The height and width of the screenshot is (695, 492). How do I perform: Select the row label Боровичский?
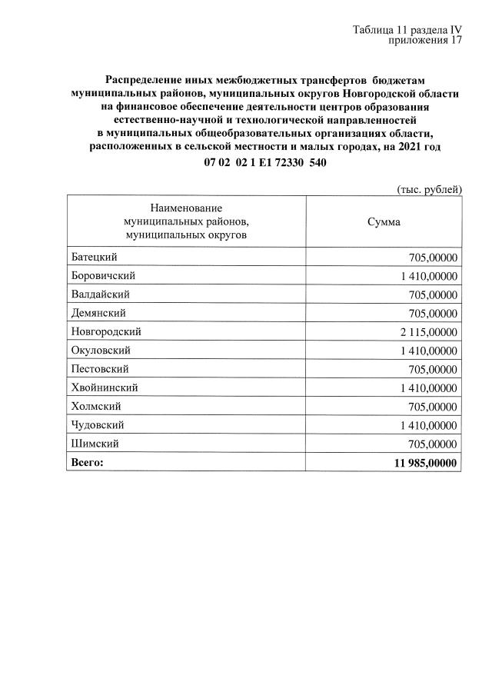pyautogui.click(x=103, y=276)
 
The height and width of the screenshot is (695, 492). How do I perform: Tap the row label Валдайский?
pyautogui.click(x=100, y=294)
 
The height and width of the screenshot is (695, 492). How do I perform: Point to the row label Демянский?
pyautogui.click(x=98, y=313)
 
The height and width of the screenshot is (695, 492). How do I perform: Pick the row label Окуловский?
pyautogui.click(x=101, y=351)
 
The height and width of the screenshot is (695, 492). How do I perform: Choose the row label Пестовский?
pyautogui.click(x=99, y=369)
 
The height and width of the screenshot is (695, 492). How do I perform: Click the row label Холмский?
pyautogui.click(x=96, y=406)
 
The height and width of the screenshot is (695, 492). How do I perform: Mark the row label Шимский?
pyautogui.click(x=95, y=444)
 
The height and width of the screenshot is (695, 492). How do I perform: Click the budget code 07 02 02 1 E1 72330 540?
pyautogui.click(x=265, y=163)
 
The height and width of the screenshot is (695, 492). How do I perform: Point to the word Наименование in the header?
pyautogui.click(x=186, y=208)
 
